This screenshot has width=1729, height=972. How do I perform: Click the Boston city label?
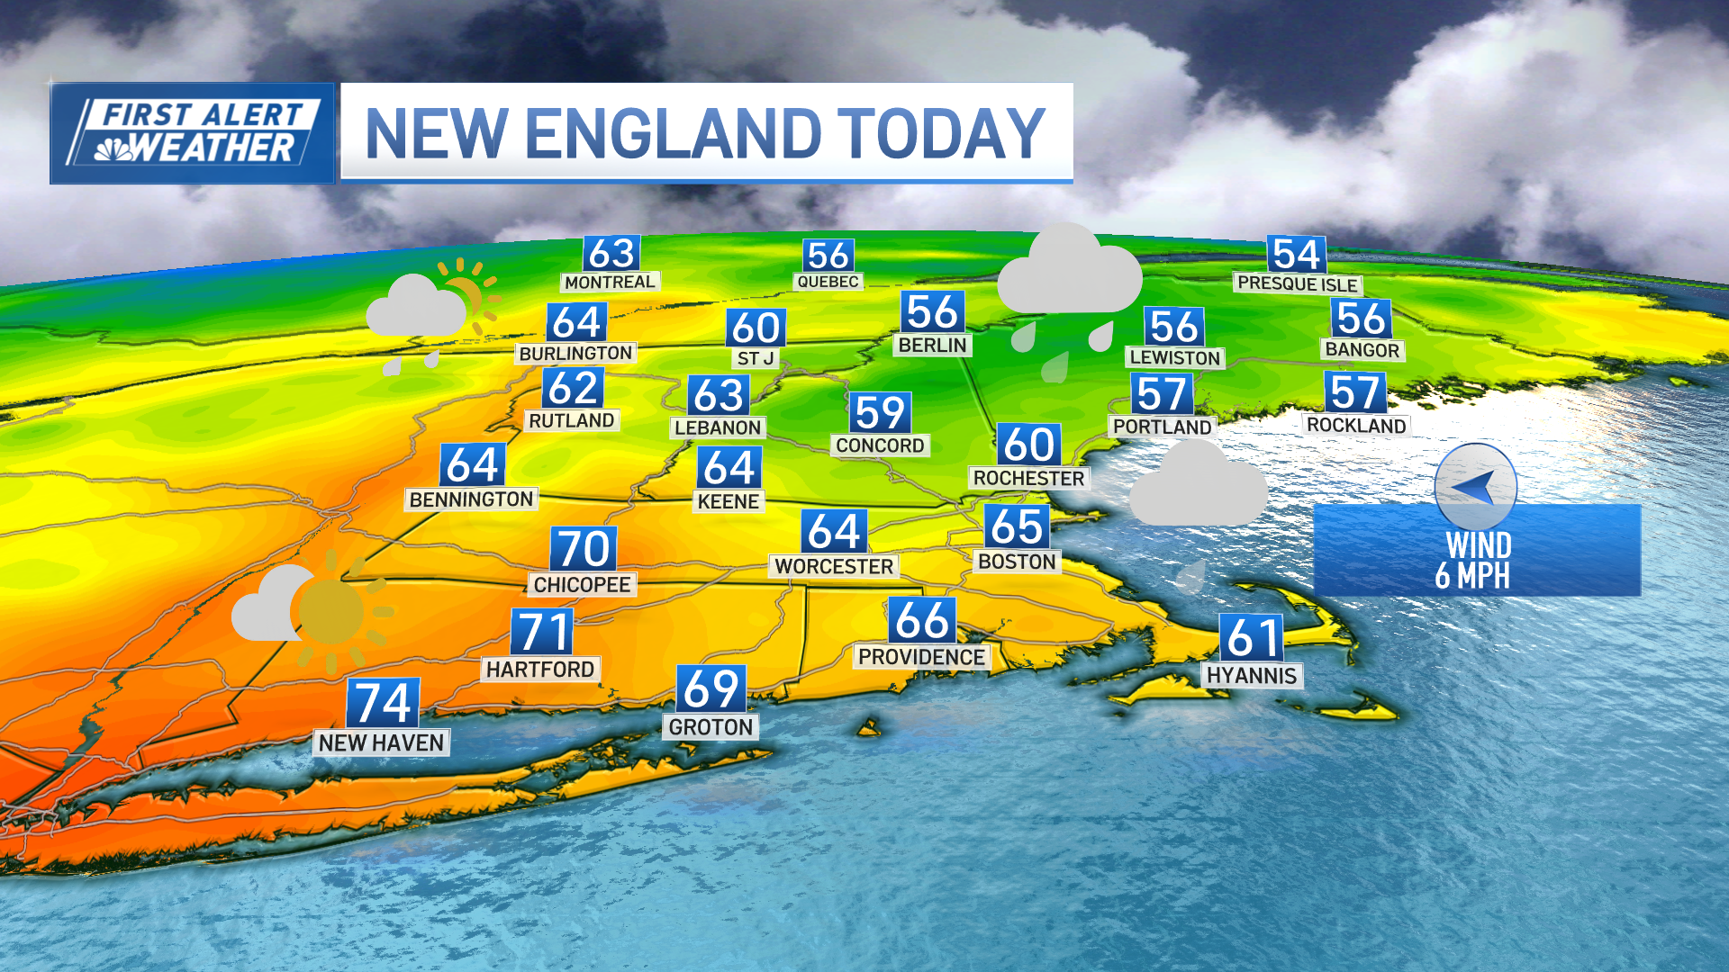tap(1017, 562)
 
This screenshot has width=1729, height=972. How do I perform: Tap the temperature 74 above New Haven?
tap(384, 703)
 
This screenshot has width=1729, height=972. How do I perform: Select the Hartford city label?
tap(540, 669)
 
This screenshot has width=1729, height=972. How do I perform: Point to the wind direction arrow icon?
tap(1475, 488)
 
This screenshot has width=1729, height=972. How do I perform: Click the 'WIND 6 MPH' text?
tap(1477, 560)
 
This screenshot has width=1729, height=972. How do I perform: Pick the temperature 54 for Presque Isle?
tap(1297, 255)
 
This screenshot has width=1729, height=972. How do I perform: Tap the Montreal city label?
tap(610, 282)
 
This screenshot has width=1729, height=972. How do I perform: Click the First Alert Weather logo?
tap(193, 133)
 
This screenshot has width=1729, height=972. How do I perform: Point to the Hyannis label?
tap(1252, 676)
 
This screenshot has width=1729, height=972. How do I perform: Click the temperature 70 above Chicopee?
tap(584, 548)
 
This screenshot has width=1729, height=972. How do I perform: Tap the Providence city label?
tap(921, 657)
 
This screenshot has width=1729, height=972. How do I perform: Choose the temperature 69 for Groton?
tap(711, 689)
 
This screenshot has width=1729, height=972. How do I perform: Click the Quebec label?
tap(828, 282)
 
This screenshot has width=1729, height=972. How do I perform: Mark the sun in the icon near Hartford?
tap(331, 612)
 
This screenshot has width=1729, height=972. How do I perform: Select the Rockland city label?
tap(1356, 425)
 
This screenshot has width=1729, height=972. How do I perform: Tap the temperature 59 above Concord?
tap(880, 413)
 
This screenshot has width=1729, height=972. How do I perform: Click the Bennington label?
tap(471, 499)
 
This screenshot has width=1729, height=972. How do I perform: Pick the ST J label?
tap(756, 358)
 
